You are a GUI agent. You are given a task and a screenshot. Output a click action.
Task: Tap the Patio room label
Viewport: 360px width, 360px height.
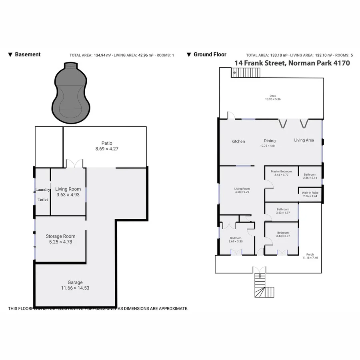pos(106,143)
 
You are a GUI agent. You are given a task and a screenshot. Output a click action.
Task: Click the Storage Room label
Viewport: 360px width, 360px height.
pos(60,236)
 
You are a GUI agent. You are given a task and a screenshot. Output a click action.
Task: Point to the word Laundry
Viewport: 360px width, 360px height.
pos(42,190)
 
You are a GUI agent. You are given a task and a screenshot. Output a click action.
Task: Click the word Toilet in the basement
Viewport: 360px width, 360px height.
pos(42,199)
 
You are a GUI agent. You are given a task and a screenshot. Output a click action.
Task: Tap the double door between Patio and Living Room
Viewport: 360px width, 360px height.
pos(74,164)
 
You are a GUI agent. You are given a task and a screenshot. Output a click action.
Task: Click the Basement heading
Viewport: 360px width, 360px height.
pos(28,54)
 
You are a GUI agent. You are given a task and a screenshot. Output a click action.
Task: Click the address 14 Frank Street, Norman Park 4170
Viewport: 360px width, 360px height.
pos(292,63)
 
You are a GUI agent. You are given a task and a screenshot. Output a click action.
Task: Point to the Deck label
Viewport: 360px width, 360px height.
pos(273,96)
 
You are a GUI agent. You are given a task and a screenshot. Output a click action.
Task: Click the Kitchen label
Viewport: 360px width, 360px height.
pos(238,141)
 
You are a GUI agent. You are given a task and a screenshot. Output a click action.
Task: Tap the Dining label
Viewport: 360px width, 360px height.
pos(270,141)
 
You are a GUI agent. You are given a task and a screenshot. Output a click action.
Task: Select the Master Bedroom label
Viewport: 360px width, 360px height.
pos(281,171)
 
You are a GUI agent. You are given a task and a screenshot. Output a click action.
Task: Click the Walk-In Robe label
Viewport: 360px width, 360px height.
pos(310,192)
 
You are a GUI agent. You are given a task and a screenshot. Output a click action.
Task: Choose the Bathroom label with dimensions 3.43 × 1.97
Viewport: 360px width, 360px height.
pos(283,209)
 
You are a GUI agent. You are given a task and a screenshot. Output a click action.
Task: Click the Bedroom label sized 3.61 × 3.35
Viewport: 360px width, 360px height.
pos(235,238)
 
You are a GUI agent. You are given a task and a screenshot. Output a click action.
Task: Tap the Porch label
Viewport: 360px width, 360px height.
pos(310,254)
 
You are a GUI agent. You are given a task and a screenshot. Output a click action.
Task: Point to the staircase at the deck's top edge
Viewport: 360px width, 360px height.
pos(246,73)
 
